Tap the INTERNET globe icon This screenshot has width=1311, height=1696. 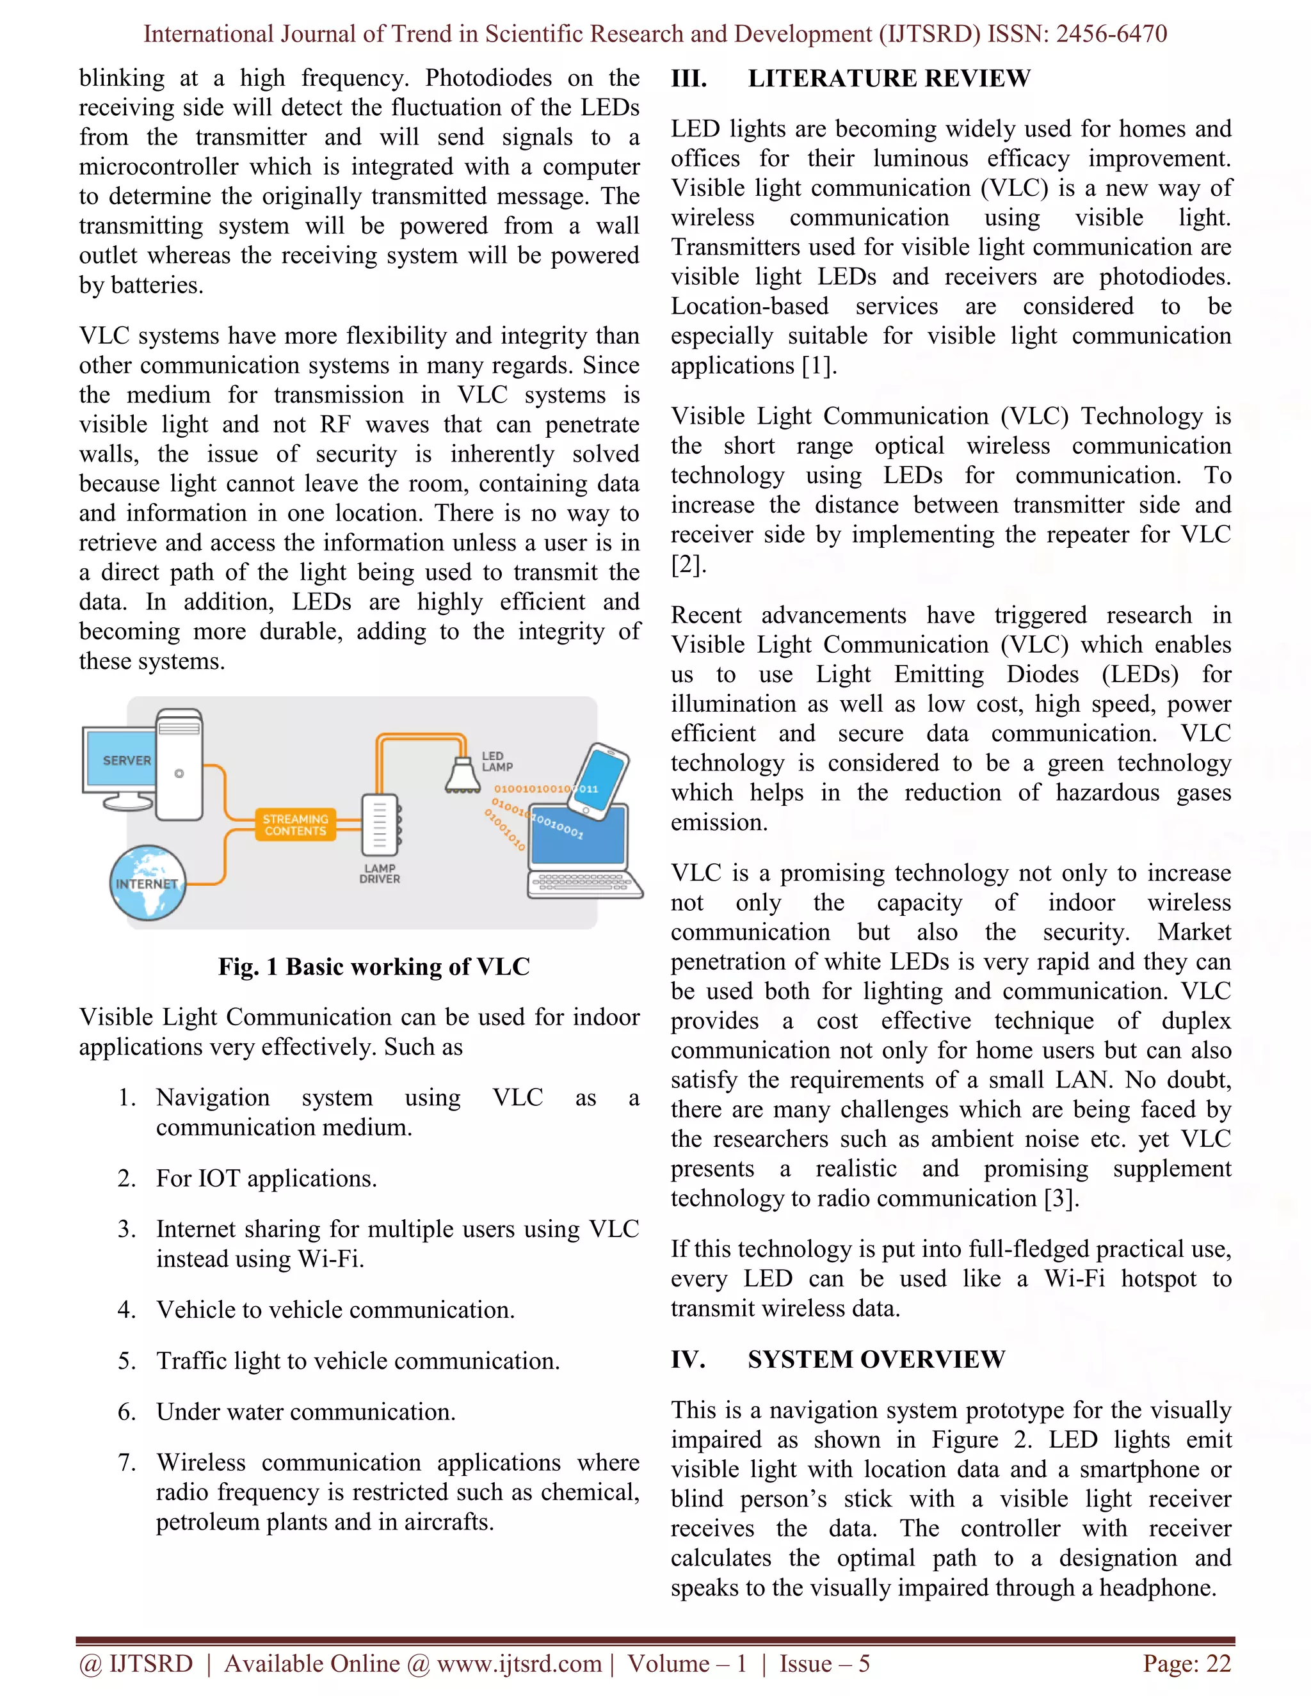[x=148, y=883]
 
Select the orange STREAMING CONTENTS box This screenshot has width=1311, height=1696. [x=295, y=825]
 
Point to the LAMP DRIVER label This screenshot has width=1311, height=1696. [x=380, y=874]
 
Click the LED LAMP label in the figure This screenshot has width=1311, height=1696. [x=497, y=761]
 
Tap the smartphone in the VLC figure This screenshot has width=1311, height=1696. [x=600, y=780]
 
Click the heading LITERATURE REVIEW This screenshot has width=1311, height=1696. [x=889, y=79]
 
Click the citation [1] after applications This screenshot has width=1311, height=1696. [x=819, y=365]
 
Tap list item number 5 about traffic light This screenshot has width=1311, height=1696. [x=357, y=1361]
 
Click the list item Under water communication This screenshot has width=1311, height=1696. [x=305, y=1412]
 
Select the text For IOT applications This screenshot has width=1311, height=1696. [x=266, y=1178]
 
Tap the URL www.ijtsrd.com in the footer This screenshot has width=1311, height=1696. [x=519, y=1663]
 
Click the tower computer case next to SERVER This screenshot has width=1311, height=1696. [x=179, y=765]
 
